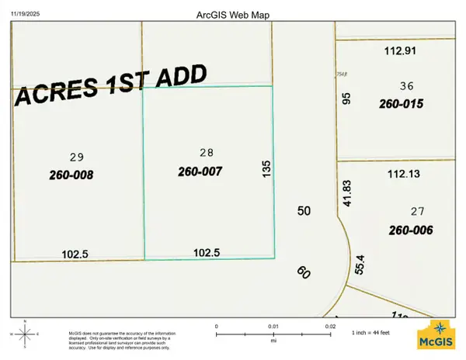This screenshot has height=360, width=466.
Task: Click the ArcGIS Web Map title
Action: pos(233,15)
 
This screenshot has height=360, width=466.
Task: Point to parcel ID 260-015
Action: pos(401,103)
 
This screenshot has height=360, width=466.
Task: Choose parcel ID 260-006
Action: pos(411,230)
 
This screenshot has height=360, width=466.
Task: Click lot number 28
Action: pos(206,153)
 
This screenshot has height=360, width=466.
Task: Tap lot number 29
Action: pos(76,156)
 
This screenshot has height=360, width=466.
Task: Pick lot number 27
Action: pos(417,211)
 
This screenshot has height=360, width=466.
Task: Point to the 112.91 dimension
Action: pos(402,52)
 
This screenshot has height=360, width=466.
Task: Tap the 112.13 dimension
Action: pos(402,175)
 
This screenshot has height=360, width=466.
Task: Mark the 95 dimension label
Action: pos(347,99)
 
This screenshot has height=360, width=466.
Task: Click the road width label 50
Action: pos(304,211)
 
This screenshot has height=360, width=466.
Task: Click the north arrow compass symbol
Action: pos(25,334)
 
